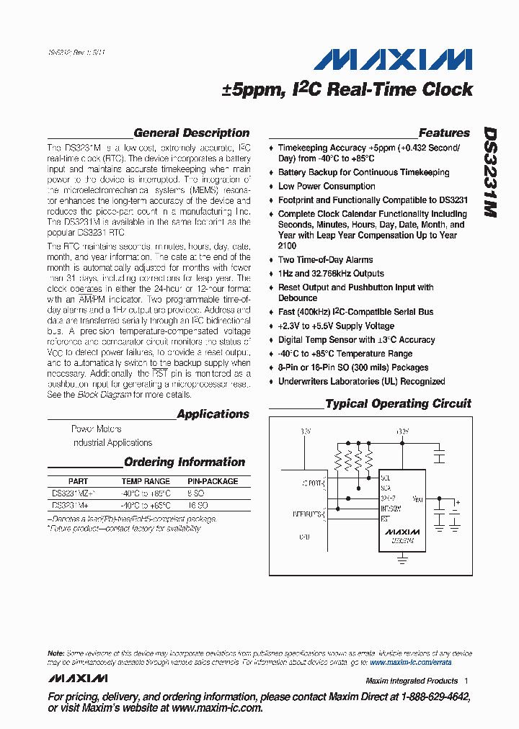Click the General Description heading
[x=191, y=133]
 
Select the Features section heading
[x=444, y=133]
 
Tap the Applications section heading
[x=213, y=414]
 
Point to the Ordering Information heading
[x=185, y=462]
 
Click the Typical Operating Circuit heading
[x=398, y=404]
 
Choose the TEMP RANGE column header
[x=146, y=481]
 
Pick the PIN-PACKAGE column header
[x=213, y=481]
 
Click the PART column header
[x=78, y=481]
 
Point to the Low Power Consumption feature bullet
[x=327, y=186]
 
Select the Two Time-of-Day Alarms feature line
[x=325, y=259]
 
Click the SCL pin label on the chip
[x=386, y=478]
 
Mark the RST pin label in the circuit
[x=385, y=518]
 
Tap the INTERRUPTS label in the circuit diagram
[x=309, y=513]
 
